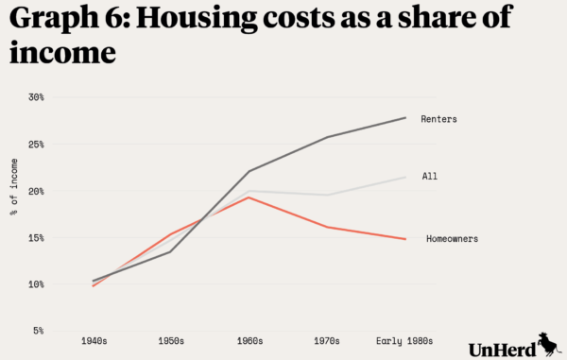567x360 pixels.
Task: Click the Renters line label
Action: [x=439, y=119]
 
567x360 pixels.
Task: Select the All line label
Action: [x=430, y=177]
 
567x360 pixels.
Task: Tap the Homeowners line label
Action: [x=452, y=239]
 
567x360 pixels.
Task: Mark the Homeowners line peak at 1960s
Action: [x=248, y=197]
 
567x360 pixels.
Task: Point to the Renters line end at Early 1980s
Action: [x=405, y=118]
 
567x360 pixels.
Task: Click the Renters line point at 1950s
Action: [x=170, y=251]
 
